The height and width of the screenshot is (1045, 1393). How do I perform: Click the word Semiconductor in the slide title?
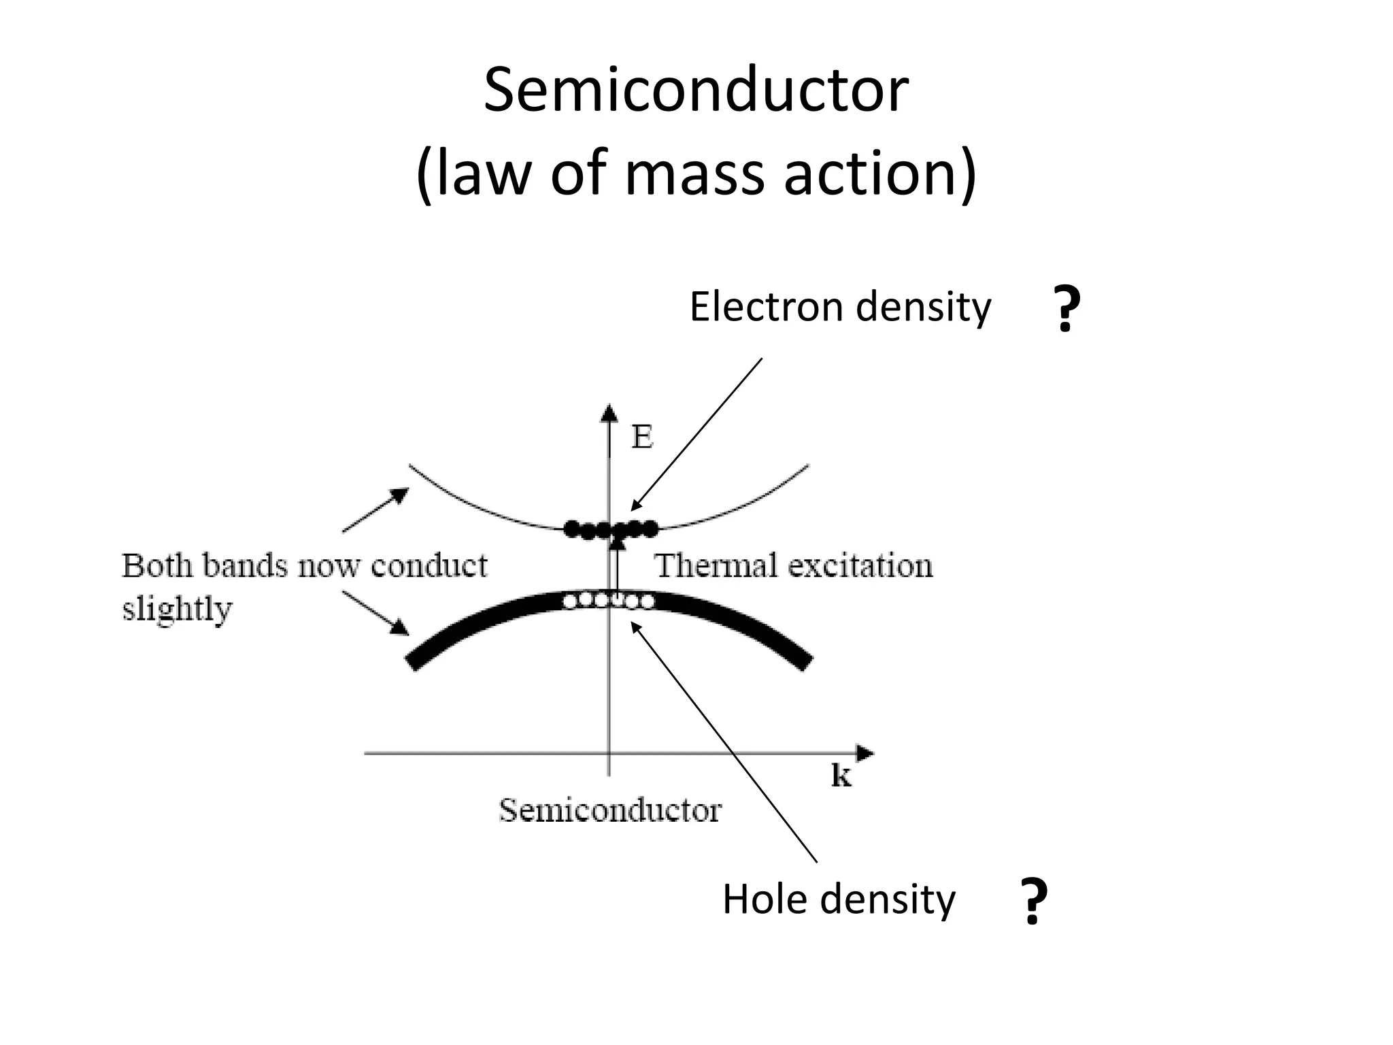(x=695, y=91)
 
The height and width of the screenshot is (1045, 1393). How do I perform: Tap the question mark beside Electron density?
(x=1066, y=310)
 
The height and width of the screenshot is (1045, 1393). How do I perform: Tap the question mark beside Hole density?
(x=1034, y=902)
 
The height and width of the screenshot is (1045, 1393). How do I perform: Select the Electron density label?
(x=840, y=308)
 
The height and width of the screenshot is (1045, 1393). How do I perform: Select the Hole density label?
(x=838, y=899)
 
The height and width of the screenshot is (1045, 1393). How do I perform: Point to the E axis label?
(x=642, y=437)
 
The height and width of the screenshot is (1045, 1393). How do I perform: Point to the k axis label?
(x=841, y=776)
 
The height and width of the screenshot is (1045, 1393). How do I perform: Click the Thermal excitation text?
(x=793, y=566)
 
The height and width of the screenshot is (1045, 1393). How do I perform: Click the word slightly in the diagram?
(x=177, y=608)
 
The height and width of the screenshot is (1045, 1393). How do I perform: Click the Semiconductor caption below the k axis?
(x=609, y=810)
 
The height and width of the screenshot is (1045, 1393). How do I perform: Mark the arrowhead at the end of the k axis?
(x=865, y=753)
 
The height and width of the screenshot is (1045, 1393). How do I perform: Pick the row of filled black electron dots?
(x=610, y=529)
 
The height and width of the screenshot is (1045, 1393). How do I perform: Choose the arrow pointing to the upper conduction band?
(x=375, y=510)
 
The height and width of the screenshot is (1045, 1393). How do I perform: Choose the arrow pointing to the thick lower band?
(x=375, y=612)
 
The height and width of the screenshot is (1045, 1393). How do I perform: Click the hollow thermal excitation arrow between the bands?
(x=617, y=565)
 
